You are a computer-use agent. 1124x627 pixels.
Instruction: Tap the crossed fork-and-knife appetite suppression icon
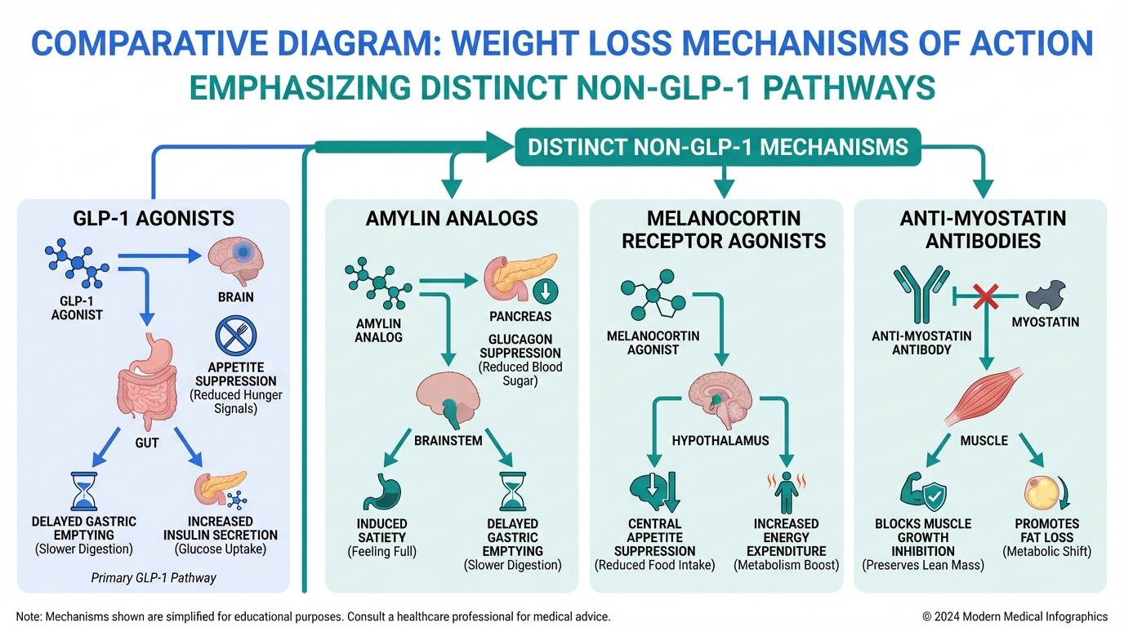coord(235,336)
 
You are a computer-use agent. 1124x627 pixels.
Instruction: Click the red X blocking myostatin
coord(985,297)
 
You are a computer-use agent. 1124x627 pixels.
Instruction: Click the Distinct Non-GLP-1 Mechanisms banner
coord(717,147)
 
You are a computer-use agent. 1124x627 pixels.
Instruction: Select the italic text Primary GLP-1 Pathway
coord(154,577)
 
